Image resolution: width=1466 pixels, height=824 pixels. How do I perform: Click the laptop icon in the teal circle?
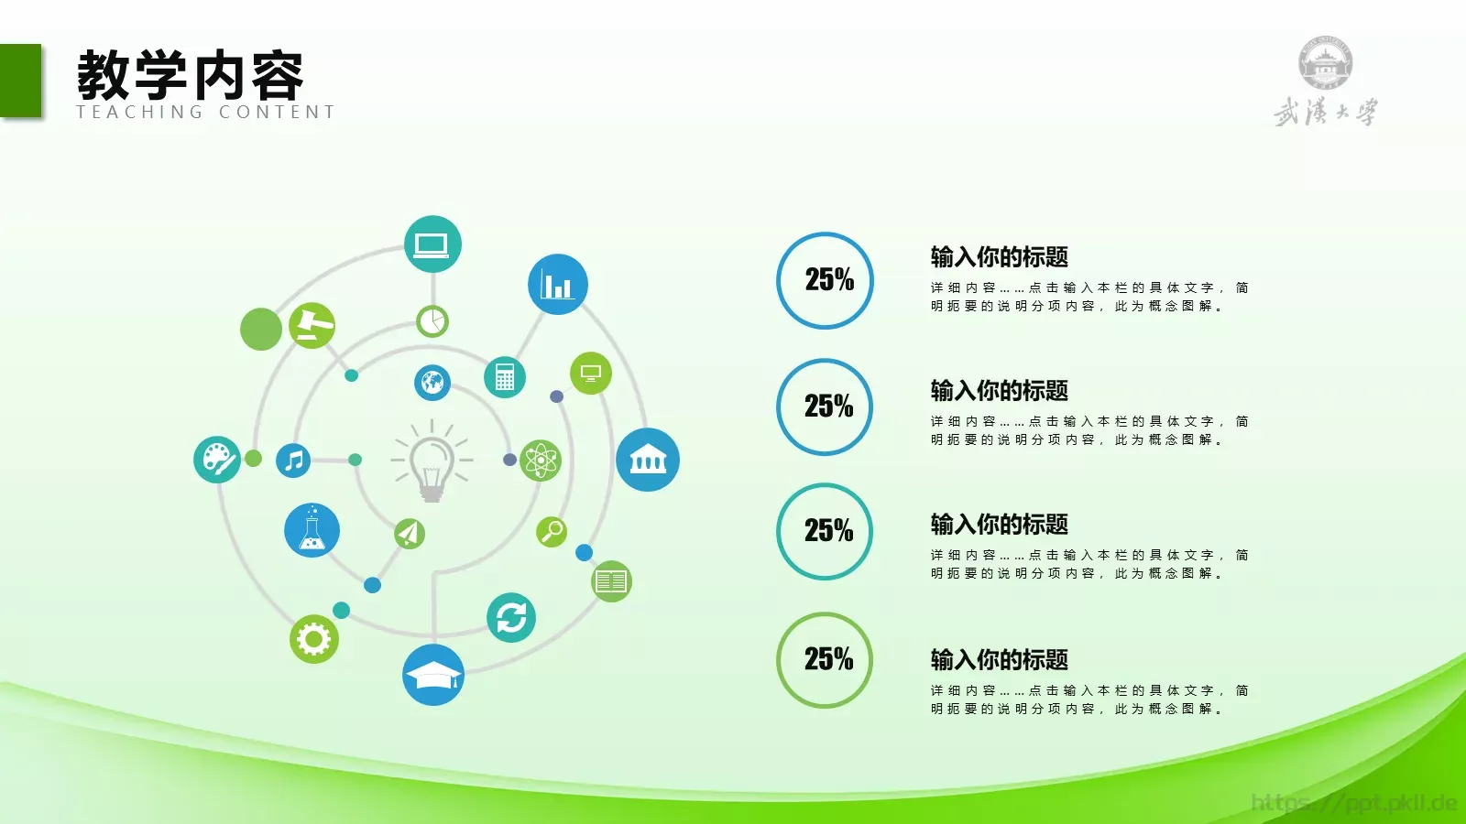click(432, 244)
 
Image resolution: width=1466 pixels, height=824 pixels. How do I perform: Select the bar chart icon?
click(557, 284)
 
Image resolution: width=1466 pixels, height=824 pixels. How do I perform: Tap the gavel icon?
click(312, 325)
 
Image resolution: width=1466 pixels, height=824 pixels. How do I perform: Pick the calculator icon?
click(505, 376)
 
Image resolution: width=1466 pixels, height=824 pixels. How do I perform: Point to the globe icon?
click(432, 382)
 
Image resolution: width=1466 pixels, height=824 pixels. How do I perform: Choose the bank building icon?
click(648, 460)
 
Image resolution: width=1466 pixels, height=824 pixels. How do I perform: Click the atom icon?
click(541, 460)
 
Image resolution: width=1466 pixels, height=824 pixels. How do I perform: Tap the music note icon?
click(293, 460)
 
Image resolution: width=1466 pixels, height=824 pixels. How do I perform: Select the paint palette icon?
click(217, 459)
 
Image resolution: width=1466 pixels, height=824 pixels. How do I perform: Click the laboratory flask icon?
click(312, 531)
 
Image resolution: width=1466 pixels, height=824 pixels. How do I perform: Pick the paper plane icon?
click(410, 533)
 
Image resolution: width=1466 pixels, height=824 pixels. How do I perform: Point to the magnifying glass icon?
click(552, 531)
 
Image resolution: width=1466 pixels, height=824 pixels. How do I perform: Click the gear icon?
click(313, 638)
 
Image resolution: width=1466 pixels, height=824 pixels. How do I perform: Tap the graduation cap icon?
click(433, 676)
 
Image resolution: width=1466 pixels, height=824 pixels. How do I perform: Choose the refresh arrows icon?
click(511, 617)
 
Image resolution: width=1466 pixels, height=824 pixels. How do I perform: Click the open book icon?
click(611, 581)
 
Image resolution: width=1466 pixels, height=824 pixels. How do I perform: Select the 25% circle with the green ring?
click(825, 659)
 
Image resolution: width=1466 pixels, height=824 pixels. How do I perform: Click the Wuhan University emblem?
click(1325, 64)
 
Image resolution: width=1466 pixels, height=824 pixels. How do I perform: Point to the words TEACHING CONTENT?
click(206, 113)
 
